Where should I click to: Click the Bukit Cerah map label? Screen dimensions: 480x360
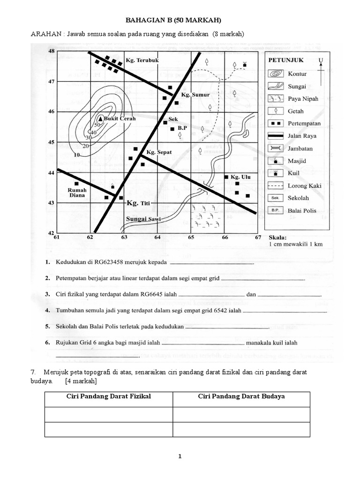click(121, 119)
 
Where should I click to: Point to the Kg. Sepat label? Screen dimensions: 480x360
click(159, 152)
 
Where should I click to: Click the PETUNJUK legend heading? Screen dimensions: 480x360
click(286, 60)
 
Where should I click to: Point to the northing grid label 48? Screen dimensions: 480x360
click(52, 51)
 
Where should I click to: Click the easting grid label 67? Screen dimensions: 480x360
click(257, 238)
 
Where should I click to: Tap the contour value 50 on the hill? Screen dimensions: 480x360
click(97, 125)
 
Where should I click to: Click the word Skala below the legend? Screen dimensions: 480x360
click(277, 238)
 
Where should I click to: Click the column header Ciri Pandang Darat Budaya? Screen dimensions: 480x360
click(241, 397)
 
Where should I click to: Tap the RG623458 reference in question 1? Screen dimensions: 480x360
click(120, 262)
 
